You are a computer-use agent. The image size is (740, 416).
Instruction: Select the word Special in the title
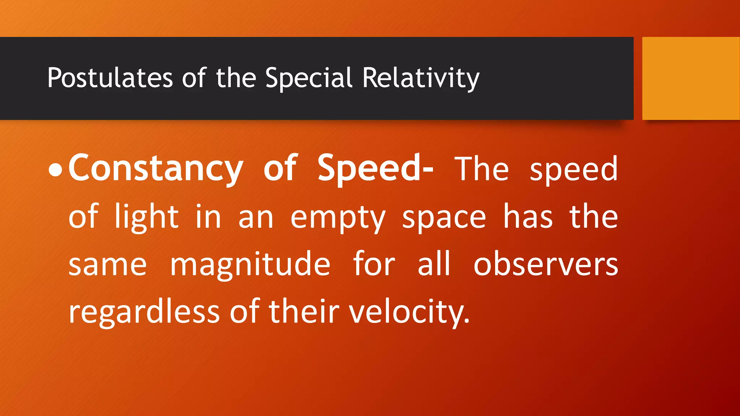(x=309, y=78)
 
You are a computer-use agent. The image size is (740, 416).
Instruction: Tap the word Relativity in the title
(x=421, y=78)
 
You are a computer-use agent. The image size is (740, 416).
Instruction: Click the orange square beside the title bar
(x=691, y=78)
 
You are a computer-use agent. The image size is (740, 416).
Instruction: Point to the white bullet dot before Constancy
(x=55, y=170)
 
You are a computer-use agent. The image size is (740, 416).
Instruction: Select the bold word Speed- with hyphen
(x=375, y=168)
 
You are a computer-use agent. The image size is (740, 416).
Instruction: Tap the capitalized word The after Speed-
(x=482, y=169)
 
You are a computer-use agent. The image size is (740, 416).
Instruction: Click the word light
(x=146, y=217)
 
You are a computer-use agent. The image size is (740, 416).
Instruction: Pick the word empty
(x=338, y=218)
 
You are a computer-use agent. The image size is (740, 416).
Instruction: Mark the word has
(x=528, y=217)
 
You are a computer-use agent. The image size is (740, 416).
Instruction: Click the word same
(x=108, y=265)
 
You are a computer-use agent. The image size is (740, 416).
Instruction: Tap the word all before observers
(x=434, y=264)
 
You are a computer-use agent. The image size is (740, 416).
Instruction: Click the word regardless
(x=144, y=312)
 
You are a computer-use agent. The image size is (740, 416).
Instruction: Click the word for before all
(x=374, y=264)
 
